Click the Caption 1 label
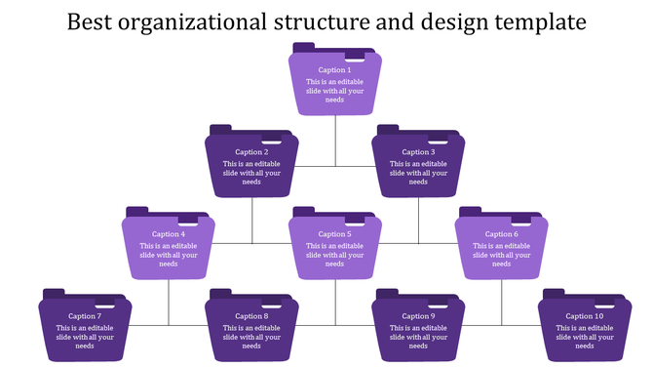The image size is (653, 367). [x=334, y=70]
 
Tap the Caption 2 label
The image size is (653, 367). [x=250, y=152]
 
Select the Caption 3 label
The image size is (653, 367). [x=418, y=152]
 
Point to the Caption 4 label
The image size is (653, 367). [x=168, y=234]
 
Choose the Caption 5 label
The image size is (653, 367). [x=334, y=234]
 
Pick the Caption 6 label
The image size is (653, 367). [x=502, y=234]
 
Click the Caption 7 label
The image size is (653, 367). [x=85, y=316]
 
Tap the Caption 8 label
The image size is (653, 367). [x=250, y=316]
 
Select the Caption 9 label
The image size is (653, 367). [x=418, y=316]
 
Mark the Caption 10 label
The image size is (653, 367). [x=585, y=316]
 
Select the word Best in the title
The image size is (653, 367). [x=90, y=21]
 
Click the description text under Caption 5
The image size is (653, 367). [x=334, y=255]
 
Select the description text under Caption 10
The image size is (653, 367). [x=585, y=337]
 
